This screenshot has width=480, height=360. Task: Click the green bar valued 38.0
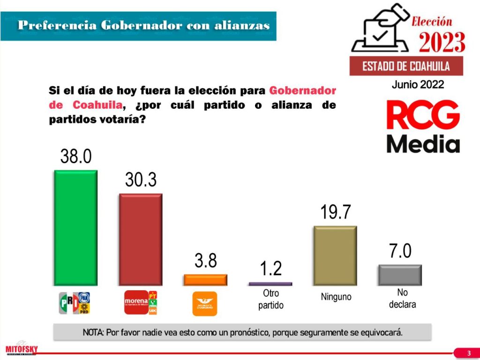(x=76, y=227)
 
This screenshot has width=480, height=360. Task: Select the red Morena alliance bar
(x=141, y=239)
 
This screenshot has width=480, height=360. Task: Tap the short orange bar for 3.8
(x=205, y=280)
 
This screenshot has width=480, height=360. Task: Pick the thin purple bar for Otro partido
(x=270, y=284)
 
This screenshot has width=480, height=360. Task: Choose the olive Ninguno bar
(x=335, y=255)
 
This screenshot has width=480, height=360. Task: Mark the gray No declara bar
(x=400, y=275)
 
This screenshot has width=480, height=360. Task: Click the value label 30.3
(x=141, y=180)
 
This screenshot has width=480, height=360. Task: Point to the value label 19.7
(x=336, y=212)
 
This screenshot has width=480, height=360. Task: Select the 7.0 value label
(x=400, y=251)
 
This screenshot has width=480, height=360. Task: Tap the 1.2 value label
(x=271, y=268)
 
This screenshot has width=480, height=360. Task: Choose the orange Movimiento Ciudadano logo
(x=205, y=303)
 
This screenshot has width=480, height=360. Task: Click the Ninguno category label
(x=336, y=297)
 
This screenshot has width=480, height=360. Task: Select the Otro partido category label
(x=271, y=299)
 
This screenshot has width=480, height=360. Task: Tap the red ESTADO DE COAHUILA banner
(x=406, y=66)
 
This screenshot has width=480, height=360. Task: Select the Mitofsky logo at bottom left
(x=22, y=348)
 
